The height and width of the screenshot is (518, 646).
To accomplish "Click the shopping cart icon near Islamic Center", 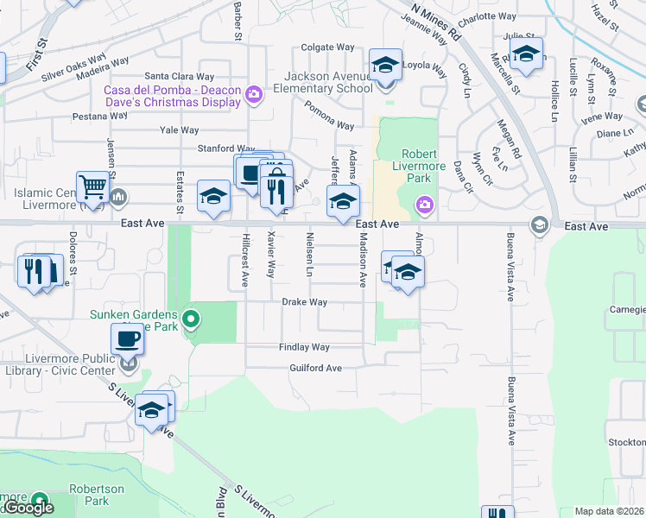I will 92,186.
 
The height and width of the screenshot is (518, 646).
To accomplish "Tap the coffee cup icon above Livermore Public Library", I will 127,338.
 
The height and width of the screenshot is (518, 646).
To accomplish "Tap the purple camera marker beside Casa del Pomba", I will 253,95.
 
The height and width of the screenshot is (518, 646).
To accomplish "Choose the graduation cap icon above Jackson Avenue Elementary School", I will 385,64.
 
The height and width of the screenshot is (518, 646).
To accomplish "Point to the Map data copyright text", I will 610,511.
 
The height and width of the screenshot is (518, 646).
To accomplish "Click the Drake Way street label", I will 304,302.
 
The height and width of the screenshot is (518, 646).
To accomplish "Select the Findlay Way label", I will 304,347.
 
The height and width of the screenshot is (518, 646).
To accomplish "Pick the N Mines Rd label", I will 435,22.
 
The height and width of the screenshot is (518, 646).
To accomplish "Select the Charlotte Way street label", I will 487,16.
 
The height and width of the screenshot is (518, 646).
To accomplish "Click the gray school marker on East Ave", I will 541,225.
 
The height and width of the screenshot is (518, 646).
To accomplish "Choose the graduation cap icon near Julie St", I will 526,54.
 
